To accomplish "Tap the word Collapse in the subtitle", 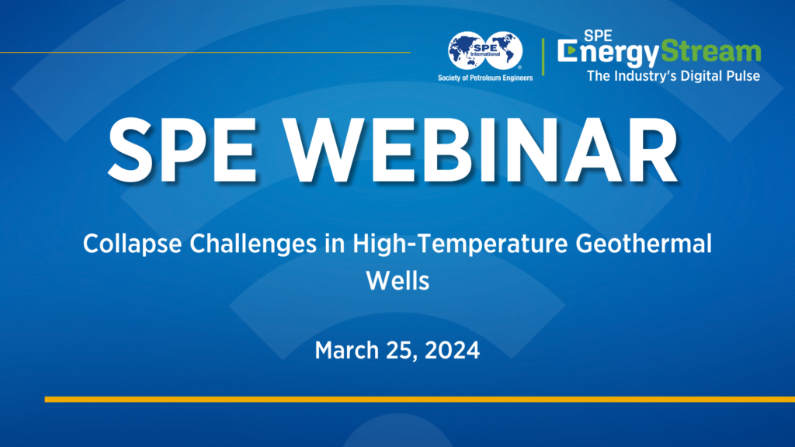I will point(123,245).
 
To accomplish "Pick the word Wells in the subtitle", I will point(397,280).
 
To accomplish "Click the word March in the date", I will point(345,350).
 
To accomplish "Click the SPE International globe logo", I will point(490,52).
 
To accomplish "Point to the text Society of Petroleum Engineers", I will point(490,79).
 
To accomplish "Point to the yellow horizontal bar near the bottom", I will point(419,399).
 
